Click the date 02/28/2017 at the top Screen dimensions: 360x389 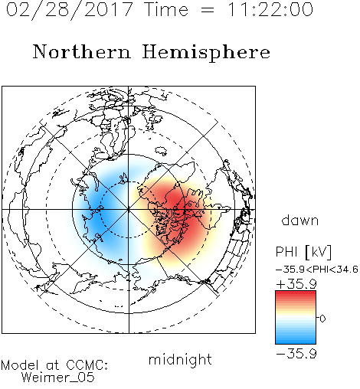click(x=70, y=10)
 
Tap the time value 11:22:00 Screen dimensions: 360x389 click(x=270, y=9)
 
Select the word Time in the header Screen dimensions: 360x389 click(x=166, y=9)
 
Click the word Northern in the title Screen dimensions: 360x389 click(x=82, y=51)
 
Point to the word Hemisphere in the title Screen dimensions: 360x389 click(x=206, y=53)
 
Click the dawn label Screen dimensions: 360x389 click(x=300, y=220)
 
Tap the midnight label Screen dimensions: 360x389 click(x=180, y=359)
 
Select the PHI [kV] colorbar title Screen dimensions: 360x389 click(x=303, y=252)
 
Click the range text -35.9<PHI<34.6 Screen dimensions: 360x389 click(x=317, y=270)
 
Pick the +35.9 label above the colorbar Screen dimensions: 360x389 click(x=296, y=284)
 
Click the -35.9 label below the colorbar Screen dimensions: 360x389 click(x=296, y=354)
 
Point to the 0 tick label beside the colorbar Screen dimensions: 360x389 click(x=322, y=319)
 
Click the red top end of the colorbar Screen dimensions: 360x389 click(x=296, y=293)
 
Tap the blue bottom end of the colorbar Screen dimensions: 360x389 click(x=296, y=342)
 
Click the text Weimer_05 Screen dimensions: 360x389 click(x=58, y=378)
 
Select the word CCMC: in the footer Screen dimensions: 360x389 click(x=87, y=365)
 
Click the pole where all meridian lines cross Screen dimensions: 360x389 click(x=129, y=210)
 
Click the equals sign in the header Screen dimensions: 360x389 click(x=208, y=10)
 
